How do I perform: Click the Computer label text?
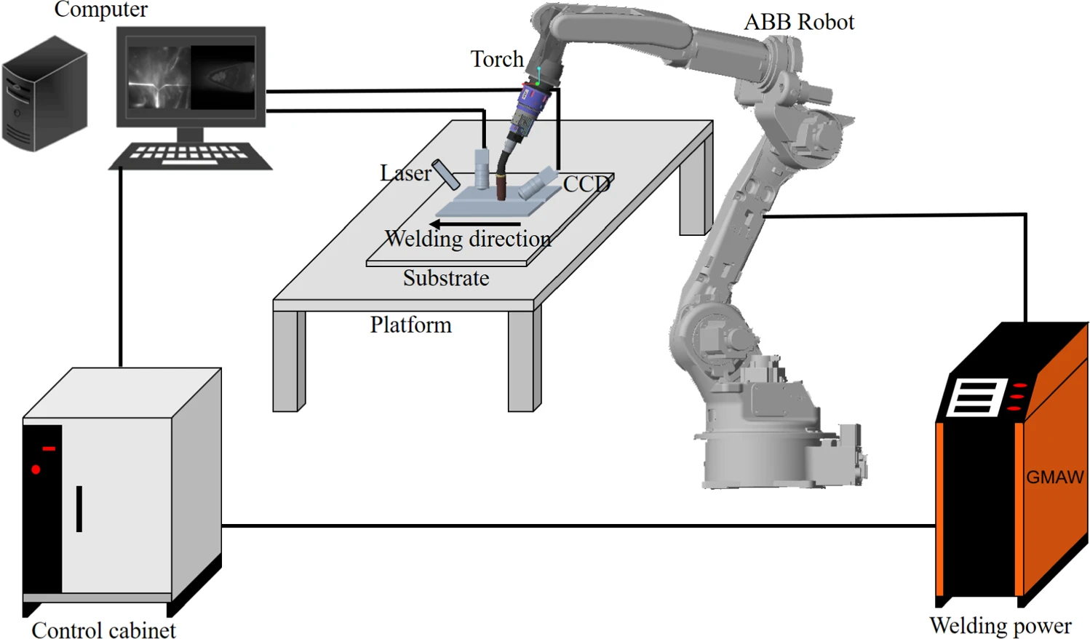[100, 9]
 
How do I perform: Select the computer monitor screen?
[191, 77]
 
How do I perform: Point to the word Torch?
[496, 59]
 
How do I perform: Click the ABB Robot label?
[798, 22]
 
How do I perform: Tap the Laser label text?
[405, 173]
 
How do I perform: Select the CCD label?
[586, 183]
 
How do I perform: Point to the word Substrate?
[446, 278]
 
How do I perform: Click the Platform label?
[410, 325]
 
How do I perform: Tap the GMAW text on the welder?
[1054, 477]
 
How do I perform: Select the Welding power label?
[1000, 626]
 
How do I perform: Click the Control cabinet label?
[103, 630]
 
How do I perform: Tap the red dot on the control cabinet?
[36, 469]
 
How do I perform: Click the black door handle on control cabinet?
[79, 509]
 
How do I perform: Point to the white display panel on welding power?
[976, 397]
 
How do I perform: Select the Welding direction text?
[468, 239]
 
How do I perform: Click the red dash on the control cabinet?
[49, 448]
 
